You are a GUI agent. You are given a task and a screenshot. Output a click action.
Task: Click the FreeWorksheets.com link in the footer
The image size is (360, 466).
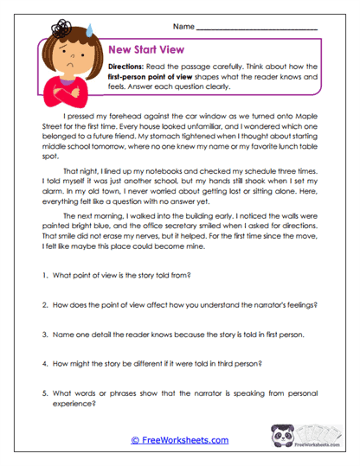pyautogui.click(x=179, y=440)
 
